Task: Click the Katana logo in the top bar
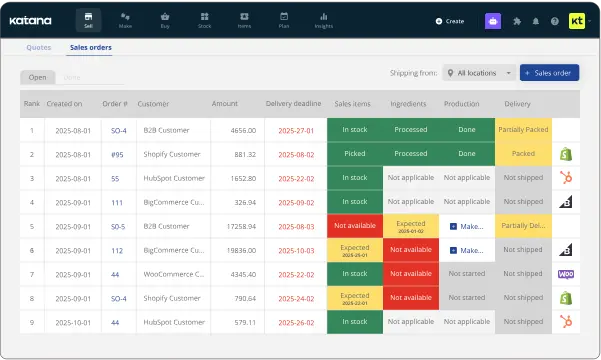coord(32,20)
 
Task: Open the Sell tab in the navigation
coord(88,19)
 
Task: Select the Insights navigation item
coord(322,19)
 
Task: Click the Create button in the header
coord(450,20)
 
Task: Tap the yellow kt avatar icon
coord(578,20)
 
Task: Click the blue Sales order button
coord(549,73)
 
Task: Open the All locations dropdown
coord(480,73)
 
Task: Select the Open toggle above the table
coord(37,77)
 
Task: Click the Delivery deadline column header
coord(293,103)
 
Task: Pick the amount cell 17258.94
coord(236,225)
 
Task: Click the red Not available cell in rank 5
coord(355,225)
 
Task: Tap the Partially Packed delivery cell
coord(522,130)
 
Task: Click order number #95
coord(116,154)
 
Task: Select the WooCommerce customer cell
coord(170,273)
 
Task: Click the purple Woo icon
coord(565,273)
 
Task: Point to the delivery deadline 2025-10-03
coord(296,249)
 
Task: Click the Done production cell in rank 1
coord(467,130)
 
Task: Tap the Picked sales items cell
coord(355,154)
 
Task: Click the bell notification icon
coord(535,20)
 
